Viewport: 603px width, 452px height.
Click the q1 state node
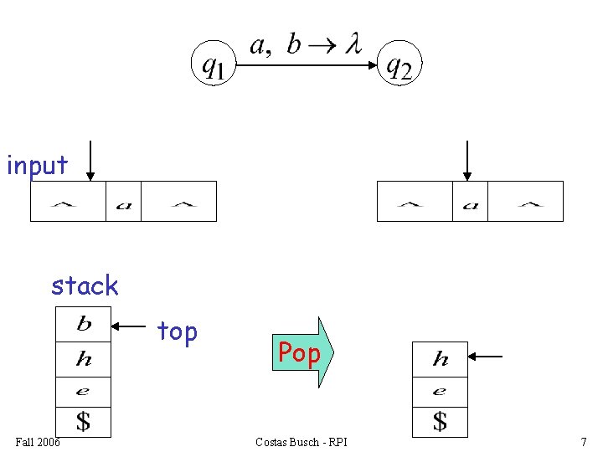click(214, 64)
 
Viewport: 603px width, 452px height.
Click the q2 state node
click(398, 64)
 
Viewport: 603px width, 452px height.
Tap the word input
click(37, 166)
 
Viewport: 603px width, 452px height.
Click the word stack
click(85, 286)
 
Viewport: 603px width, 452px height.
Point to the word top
click(178, 332)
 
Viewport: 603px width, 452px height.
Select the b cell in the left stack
click(84, 324)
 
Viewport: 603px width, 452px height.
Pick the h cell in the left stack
click(84, 359)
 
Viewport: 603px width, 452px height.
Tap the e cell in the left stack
click(84, 390)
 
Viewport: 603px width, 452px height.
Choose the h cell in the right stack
click(441, 359)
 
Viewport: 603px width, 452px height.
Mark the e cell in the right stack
click(441, 391)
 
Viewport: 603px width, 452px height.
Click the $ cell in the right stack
click(441, 421)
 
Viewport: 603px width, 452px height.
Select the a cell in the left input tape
click(123, 202)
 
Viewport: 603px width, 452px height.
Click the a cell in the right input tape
click(470, 202)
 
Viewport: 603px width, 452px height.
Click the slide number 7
click(583, 442)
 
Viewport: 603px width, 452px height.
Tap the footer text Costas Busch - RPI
click(301, 442)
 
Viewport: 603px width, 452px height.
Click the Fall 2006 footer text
click(38, 442)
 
